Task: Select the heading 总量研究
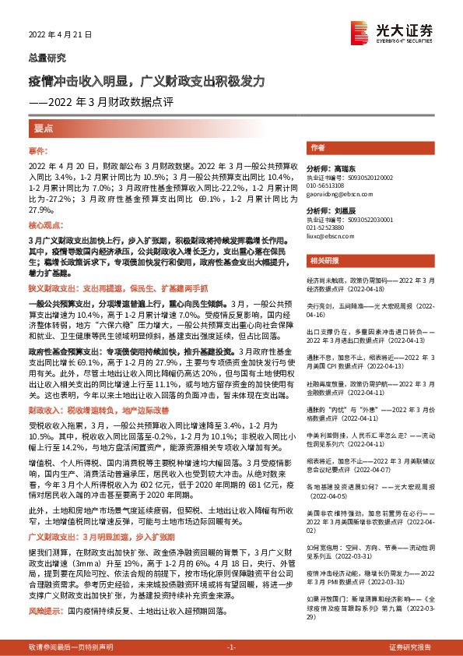pyautogui.click(x=47, y=58)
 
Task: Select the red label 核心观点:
pyautogui.click(x=44, y=222)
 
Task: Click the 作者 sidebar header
pyautogui.click(x=317, y=148)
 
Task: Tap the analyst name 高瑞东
pyautogui.click(x=342, y=168)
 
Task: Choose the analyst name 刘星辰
pyautogui.click(x=342, y=211)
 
